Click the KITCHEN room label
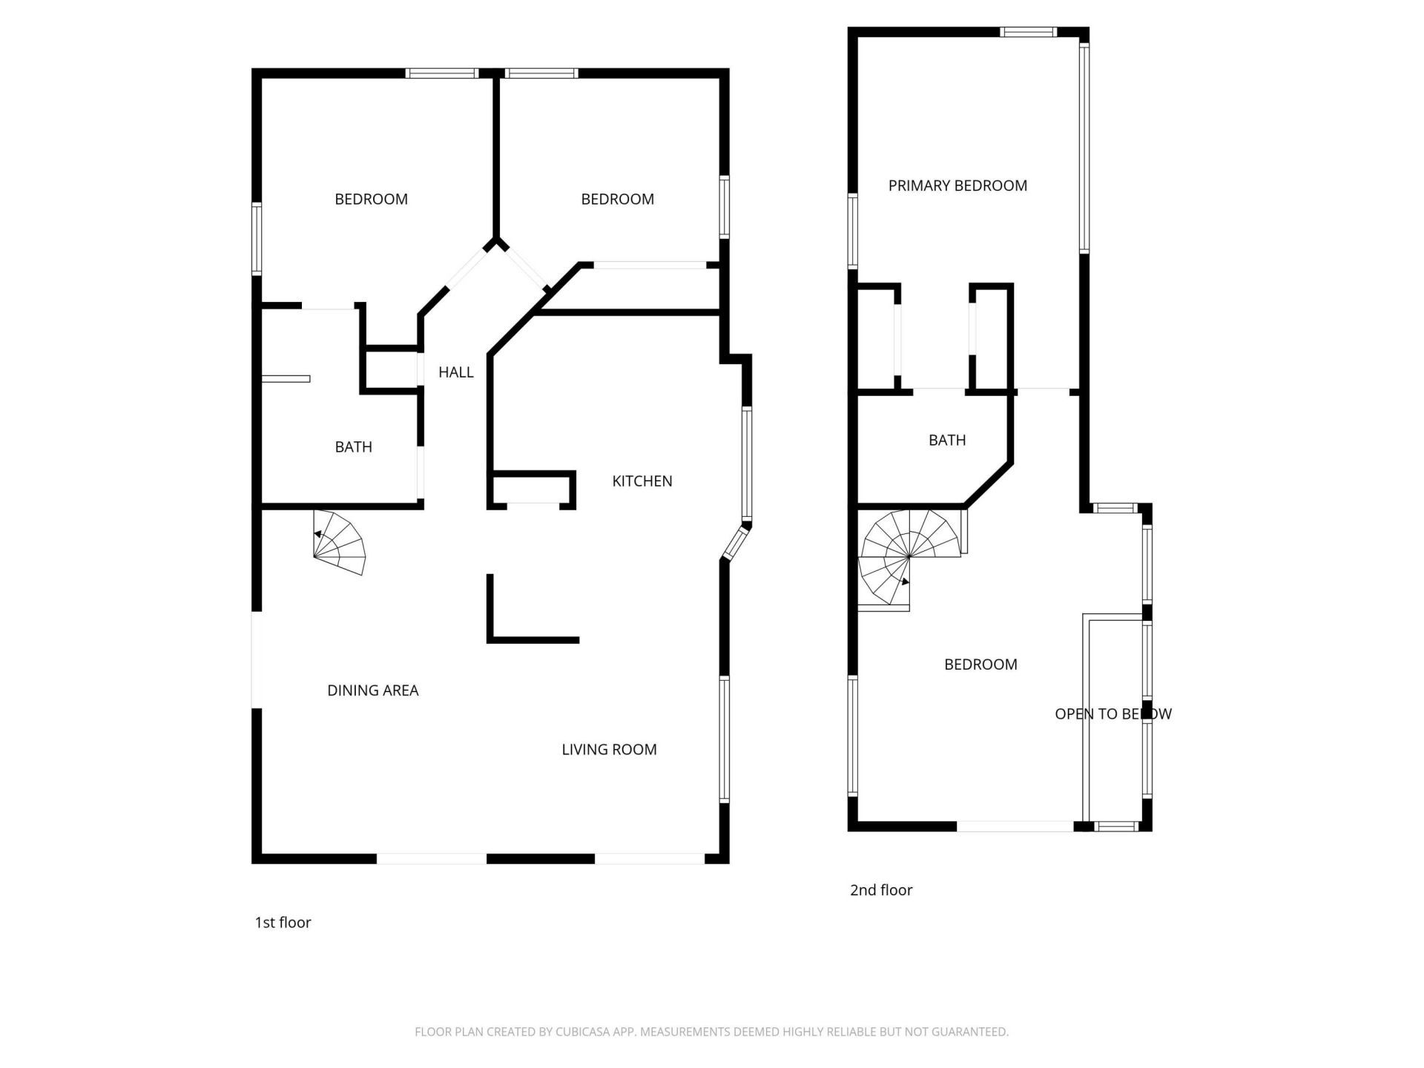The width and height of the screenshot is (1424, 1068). pos(642,481)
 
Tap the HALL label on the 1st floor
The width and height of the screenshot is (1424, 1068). pos(455,372)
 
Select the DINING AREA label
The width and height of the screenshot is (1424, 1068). pos(372,690)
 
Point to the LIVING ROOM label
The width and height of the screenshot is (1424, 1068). pos(609,750)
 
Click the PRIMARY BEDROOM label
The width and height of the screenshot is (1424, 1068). pos(957,186)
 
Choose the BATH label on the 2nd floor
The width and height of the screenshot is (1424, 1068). pos(947,441)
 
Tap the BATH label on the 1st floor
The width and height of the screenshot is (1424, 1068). pos(353,447)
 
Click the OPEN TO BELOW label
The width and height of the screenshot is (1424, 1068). pos(1112,714)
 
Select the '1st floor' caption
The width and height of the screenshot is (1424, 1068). pos(283,923)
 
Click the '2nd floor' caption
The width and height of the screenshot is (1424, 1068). pos(881,890)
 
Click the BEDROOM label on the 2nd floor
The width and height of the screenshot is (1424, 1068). pos(980,665)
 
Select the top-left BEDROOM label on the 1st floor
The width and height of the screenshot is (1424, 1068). pos(371,200)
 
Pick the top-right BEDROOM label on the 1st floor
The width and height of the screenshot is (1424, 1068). pos(617,200)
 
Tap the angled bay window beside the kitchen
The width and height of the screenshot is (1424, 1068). pos(737,542)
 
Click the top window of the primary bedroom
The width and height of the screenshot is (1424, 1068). pos(1028,32)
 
